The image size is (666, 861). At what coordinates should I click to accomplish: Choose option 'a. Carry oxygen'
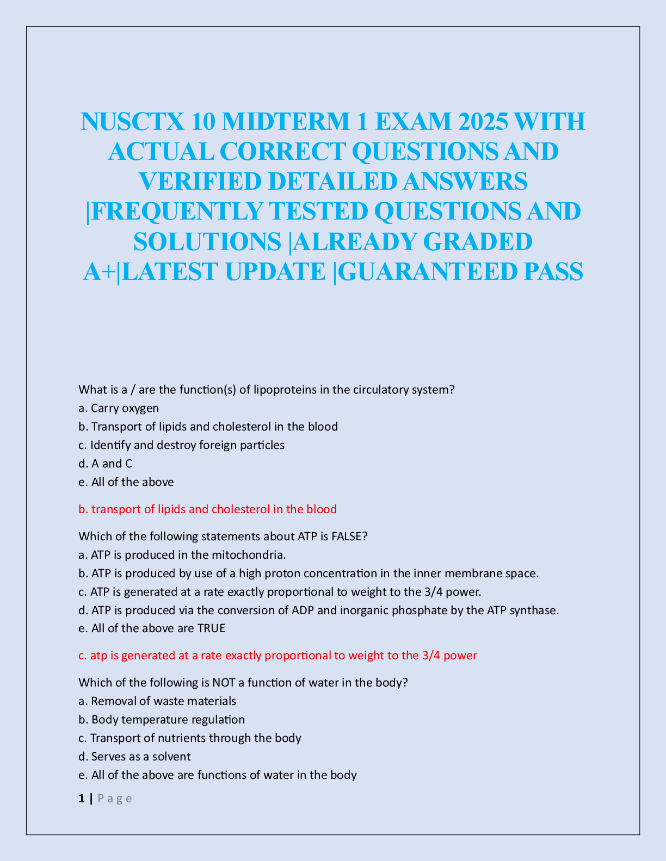119,408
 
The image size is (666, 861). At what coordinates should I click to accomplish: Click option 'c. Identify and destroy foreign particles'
181,445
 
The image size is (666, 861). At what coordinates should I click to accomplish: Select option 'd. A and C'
105,464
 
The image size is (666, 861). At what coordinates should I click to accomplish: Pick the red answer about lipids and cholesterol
207,509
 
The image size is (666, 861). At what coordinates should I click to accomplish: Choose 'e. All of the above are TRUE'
152,628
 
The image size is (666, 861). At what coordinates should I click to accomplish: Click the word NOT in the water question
224,683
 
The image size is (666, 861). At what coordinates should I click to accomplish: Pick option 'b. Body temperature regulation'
162,720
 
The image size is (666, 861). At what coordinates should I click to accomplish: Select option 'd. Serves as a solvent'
134,757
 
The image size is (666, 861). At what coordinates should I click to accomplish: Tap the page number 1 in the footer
82,798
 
